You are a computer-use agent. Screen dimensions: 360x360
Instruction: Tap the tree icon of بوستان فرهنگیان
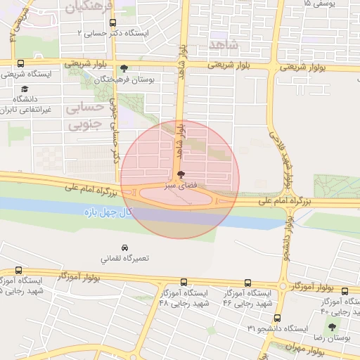[124, 68]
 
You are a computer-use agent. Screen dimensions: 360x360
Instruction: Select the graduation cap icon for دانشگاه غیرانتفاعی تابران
[25, 89]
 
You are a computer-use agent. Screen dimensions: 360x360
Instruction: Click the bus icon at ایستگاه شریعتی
[20, 63]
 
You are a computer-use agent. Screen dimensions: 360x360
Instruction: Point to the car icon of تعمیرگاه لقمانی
[124, 249]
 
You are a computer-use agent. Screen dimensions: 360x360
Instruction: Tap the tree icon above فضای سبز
[181, 174]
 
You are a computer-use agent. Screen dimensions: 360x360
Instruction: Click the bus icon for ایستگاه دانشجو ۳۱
[277, 319]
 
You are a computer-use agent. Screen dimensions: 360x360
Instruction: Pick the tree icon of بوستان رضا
[332, 328]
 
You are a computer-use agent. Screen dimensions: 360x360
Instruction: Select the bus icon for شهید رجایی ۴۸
[184, 282]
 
